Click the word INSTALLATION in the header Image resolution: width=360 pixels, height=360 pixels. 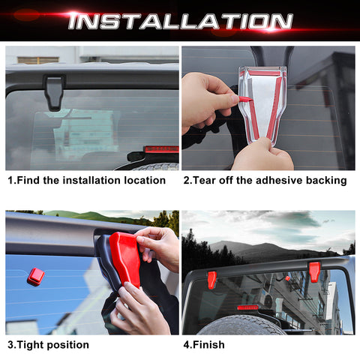180,20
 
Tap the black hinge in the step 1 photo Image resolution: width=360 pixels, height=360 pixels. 54,90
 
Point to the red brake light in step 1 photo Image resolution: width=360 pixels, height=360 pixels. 160,149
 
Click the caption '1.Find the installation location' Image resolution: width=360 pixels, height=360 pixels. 86,181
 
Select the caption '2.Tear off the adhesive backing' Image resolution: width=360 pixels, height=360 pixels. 264,181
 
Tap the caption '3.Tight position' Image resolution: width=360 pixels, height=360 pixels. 48,345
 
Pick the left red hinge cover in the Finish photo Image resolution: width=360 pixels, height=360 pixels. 212,279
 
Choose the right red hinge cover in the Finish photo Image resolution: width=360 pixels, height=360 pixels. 313,271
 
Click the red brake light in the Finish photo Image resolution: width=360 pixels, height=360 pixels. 247,307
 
